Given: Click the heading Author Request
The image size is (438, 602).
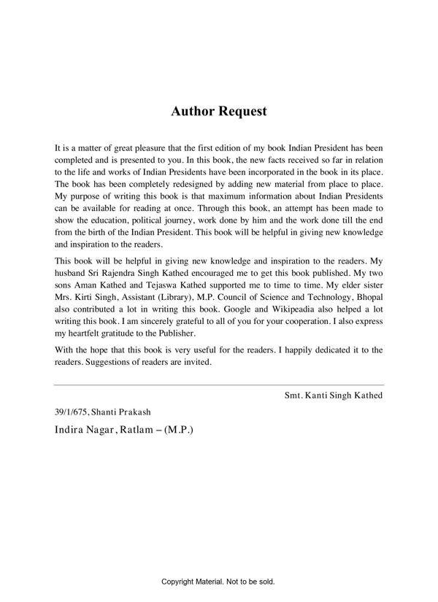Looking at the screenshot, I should (x=219, y=112).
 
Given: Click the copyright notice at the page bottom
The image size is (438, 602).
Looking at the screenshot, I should (x=218, y=582).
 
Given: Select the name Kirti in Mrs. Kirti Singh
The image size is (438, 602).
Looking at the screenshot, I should (x=91, y=296).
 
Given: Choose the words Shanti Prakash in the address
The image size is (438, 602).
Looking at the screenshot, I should (x=125, y=412).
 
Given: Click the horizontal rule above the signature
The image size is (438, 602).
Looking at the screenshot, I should (x=218, y=384).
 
